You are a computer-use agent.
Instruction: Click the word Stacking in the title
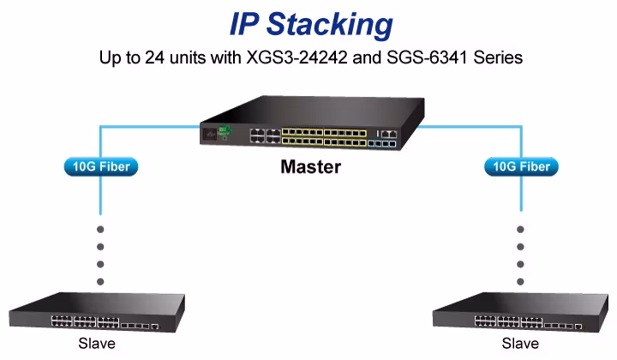pyautogui.click(x=330, y=25)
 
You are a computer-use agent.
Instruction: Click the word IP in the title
pyautogui.click(x=244, y=24)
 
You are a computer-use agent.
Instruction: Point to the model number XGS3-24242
pyautogui.click(x=297, y=57)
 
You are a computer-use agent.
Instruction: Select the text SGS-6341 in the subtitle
pyautogui.click(x=427, y=57)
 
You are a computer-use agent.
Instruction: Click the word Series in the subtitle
pyautogui.click(x=498, y=57)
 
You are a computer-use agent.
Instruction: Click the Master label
pyautogui.click(x=311, y=167)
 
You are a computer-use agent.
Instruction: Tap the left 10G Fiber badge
pyautogui.click(x=101, y=167)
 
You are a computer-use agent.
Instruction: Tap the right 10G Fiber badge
pyautogui.click(x=521, y=167)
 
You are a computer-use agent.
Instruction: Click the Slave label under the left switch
pyautogui.click(x=97, y=344)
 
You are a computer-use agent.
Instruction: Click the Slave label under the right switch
pyautogui.click(x=520, y=344)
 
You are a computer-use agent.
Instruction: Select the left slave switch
pyautogui.click(x=97, y=312)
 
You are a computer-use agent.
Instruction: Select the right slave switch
pyautogui.click(x=520, y=312)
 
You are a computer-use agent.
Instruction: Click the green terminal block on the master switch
pyautogui.click(x=225, y=130)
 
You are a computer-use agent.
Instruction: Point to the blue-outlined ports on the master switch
pyautogui.click(x=381, y=144)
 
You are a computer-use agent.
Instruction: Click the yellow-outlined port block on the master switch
pyautogui.click(x=324, y=136)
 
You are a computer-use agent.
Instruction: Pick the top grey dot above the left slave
pyautogui.click(x=100, y=230)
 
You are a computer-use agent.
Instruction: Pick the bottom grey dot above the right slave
pyautogui.click(x=521, y=282)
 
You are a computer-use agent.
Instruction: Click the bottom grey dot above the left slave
pyautogui.click(x=100, y=282)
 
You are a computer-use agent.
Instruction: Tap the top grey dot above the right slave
pyautogui.click(x=521, y=230)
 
